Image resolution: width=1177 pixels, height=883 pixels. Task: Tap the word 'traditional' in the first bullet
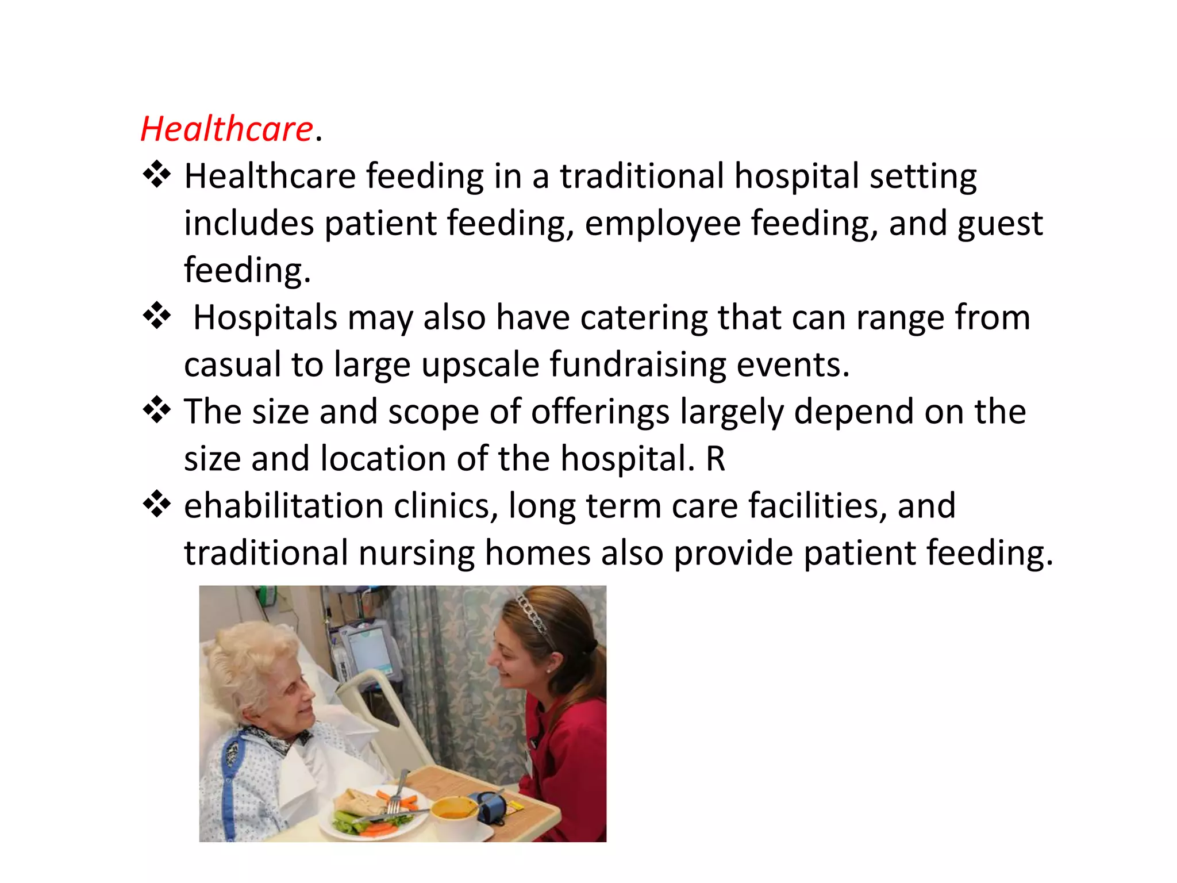pyautogui.click(x=642, y=176)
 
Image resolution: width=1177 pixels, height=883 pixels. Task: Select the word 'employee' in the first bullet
pyautogui.click(x=663, y=223)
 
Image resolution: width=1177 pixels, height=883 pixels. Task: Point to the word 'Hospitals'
pyautogui.click(x=265, y=317)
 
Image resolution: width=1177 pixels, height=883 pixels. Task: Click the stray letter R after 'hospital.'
pyautogui.click(x=716, y=459)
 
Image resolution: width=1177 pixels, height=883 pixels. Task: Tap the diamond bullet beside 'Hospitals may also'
pyautogui.click(x=157, y=317)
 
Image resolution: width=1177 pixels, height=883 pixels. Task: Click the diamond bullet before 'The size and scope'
pyautogui.click(x=157, y=411)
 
